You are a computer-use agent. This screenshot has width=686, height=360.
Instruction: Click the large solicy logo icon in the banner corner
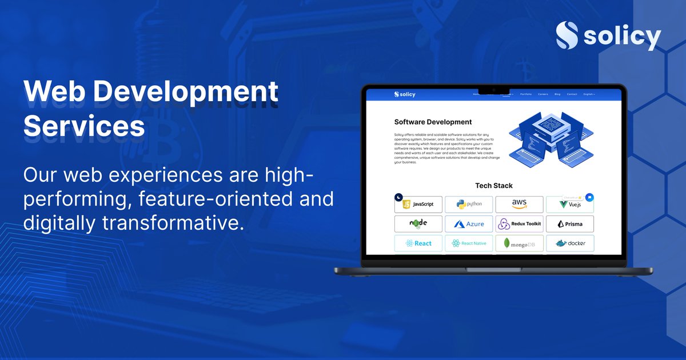click(x=567, y=36)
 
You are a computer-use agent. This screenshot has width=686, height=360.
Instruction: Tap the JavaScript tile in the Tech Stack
click(x=418, y=204)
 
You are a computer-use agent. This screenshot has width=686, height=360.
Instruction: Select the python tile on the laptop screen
click(x=469, y=204)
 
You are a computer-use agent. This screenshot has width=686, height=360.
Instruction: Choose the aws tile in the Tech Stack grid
click(x=519, y=204)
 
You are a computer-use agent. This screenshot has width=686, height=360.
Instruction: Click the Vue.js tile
click(x=569, y=205)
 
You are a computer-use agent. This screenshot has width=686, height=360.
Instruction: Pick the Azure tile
click(x=469, y=224)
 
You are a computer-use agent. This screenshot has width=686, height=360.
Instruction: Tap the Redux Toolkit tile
click(x=519, y=224)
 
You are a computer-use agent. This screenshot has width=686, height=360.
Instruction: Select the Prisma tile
click(x=569, y=224)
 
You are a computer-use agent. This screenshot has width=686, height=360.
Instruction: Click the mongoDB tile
click(x=519, y=243)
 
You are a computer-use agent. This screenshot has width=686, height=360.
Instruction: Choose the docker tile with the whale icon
click(x=569, y=243)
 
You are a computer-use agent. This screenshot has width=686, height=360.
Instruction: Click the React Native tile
click(x=469, y=243)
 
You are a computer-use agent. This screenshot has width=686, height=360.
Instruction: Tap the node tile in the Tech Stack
click(x=418, y=223)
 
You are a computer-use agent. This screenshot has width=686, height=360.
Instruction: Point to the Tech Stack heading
click(x=494, y=186)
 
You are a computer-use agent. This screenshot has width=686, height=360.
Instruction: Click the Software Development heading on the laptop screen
click(x=433, y=122)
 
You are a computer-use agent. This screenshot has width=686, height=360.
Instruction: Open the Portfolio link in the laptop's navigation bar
click(x=526, y=94)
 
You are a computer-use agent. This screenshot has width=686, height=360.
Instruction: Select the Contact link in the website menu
click(x=572, y=94)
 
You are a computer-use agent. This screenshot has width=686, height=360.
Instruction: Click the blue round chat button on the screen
click(x=590, y=197)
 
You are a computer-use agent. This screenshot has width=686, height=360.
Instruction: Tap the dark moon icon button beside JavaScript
click(x=398, y=197)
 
